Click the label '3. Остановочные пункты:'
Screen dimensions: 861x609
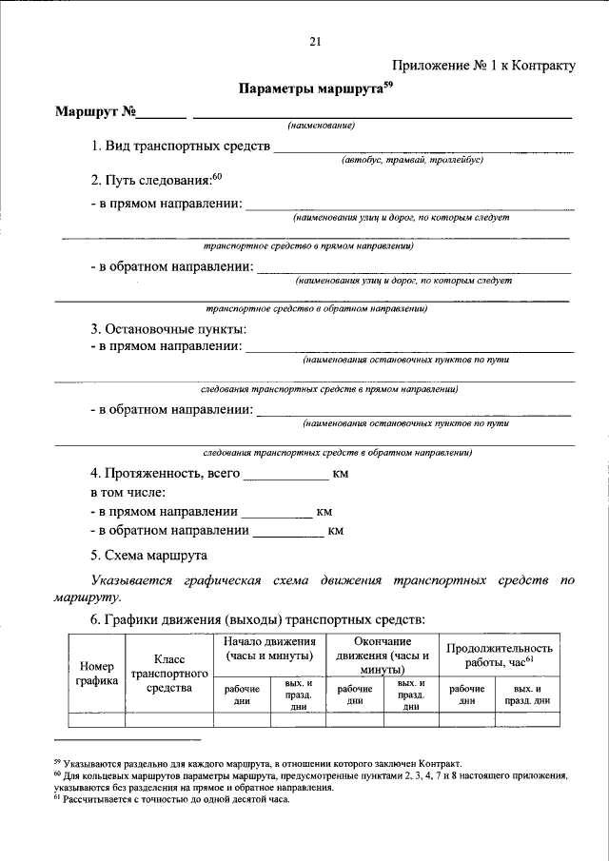click(168, 329)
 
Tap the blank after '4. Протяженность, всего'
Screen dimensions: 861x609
click(285, 474)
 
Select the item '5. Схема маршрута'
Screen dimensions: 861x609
click(149, 555)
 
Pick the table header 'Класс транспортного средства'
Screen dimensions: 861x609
click(169, 673)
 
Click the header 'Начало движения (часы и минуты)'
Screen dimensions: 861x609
click(269, 649)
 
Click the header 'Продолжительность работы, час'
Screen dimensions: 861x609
click(500, 655)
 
